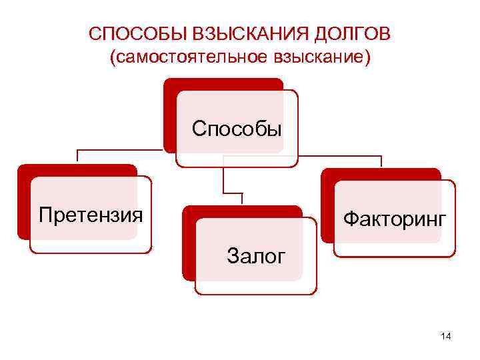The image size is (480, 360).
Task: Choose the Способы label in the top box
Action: pyautogui.click(x=237, y=127)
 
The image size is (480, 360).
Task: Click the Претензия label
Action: pyautogui.click(x=91, y=215)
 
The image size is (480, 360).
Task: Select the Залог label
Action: pyautogui.click(x=256, y=255)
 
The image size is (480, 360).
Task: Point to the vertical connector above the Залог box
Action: pyautogui.click(x=224, y=177)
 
